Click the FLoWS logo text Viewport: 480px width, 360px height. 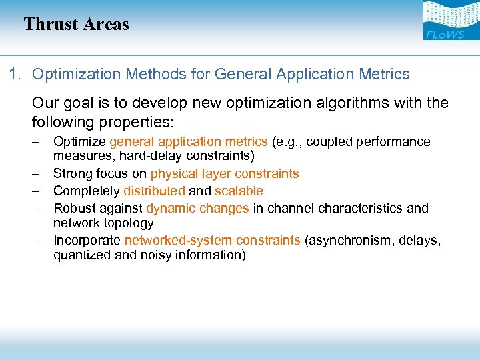444,34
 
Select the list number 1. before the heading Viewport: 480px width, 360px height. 16,75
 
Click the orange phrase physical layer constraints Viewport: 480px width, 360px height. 225,174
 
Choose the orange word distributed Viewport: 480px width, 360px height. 154,191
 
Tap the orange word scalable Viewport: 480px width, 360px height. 239,191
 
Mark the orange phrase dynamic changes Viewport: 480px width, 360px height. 197,209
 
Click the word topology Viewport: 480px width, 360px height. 129,223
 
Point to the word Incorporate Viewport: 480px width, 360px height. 87,241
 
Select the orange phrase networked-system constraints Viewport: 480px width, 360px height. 212,241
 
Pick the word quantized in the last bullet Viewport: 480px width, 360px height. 80,255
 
